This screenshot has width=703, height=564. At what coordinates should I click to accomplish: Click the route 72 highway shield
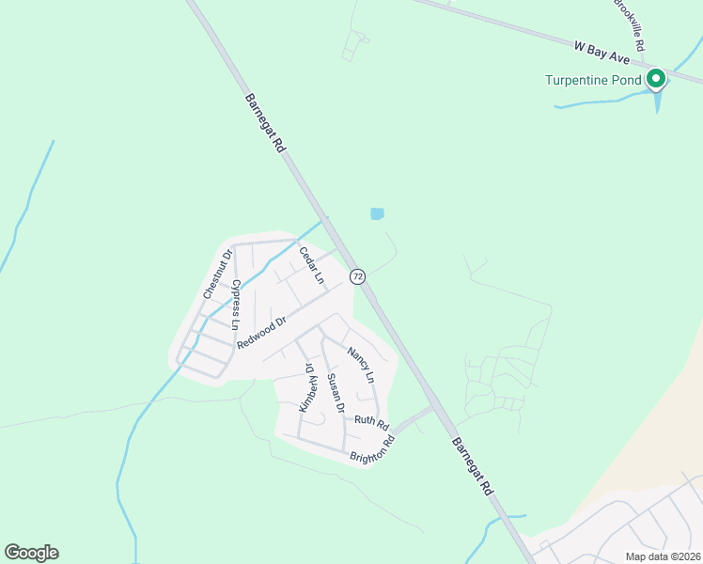click(357, 276)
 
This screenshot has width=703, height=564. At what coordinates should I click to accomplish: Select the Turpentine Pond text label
click(593, 80)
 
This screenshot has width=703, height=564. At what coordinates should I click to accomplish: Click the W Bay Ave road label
click(601, 52)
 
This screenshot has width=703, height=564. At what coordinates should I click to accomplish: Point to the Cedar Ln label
click(311, 265)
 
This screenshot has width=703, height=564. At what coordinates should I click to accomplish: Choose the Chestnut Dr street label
click(215, 274)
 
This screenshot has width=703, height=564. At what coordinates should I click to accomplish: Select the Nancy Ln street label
click(361, 365)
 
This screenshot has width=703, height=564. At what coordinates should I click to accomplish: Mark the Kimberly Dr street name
click(305, 388)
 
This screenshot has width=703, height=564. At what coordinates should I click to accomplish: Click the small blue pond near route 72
click(377, 214)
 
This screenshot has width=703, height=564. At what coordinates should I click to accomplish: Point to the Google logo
click(31, 553)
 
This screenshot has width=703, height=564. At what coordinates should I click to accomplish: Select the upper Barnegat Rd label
click(264, 122)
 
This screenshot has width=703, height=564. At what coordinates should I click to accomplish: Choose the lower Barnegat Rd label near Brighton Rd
click(472, 467)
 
